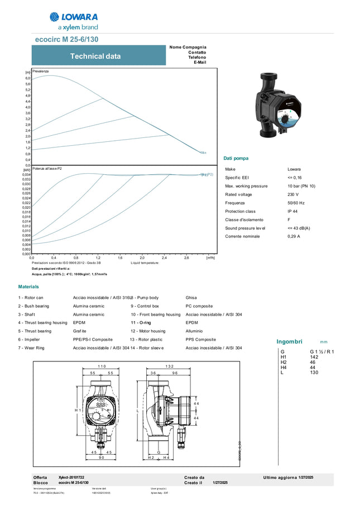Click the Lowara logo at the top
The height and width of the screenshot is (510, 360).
[x=74, y=21]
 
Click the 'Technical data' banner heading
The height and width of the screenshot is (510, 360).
[x=95, y=56]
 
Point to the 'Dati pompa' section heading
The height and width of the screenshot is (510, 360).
[x=236, y=159]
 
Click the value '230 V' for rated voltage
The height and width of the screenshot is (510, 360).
[x=293, y=194]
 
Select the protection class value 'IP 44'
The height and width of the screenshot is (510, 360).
[x=293, y=211]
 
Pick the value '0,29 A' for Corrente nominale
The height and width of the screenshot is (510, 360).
[x=294, y=237]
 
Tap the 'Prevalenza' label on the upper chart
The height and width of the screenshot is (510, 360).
[x=40, y=72]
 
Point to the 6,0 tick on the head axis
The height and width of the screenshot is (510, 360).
[x=27, y=78]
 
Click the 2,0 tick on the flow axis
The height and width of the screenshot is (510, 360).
[x=142, y=258]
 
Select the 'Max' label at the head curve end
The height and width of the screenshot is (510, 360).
[x=203, y=152]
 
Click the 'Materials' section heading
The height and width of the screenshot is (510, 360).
[x=28, y=287]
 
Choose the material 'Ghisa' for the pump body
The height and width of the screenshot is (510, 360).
[x=191, y=298]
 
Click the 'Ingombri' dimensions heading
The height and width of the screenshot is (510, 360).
[x=289, y=341]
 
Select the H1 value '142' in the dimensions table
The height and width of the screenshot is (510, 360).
[x=314, y=356]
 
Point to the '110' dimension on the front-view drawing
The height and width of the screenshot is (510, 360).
[x=102, y=366]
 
